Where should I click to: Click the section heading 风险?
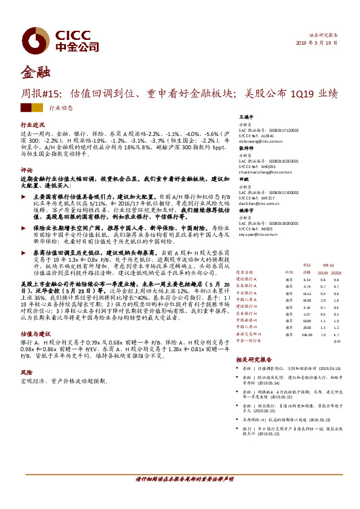26,373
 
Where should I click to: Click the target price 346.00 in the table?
307,333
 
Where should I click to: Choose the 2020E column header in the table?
336,273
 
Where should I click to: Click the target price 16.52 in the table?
307,293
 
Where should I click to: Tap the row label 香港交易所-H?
248,333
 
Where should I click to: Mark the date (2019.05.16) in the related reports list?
328,368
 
